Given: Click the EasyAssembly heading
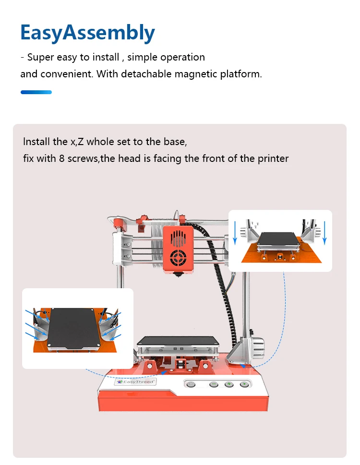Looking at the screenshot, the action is (87, 33).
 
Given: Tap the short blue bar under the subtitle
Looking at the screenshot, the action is (36, 92).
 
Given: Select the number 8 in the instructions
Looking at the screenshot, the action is (62, 159).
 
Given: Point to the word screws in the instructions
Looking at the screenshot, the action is (82, 159).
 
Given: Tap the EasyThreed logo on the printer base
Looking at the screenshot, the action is (134, 381).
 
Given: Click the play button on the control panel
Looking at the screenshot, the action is (245, 384).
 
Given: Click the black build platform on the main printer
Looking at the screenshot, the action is (177, 342).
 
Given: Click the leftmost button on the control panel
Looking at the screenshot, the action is (191, 384).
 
